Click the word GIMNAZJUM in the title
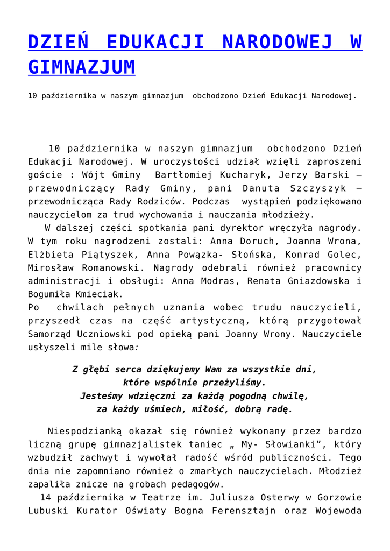[x=81, y=67]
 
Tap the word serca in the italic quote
[x=125, y=370]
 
